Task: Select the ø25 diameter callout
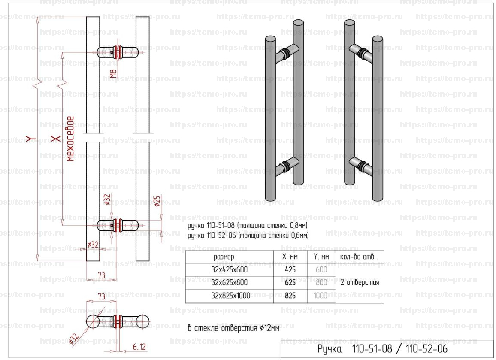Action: tap(157, 201)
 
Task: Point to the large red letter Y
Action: tap(30, 138)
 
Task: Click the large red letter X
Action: tap(54, 138)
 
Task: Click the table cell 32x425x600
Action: tap(230, 270)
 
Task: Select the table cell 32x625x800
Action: tap(230, 283)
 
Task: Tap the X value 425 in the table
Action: tap(290, 270)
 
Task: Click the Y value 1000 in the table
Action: tap(321, 296)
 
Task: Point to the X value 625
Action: tap(290, 283)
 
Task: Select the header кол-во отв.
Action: tap(357, 257)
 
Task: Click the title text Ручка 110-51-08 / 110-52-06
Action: tap(382, 349)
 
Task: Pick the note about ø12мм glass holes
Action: tap(233, 328)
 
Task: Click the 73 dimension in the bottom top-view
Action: tap(102, 296)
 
